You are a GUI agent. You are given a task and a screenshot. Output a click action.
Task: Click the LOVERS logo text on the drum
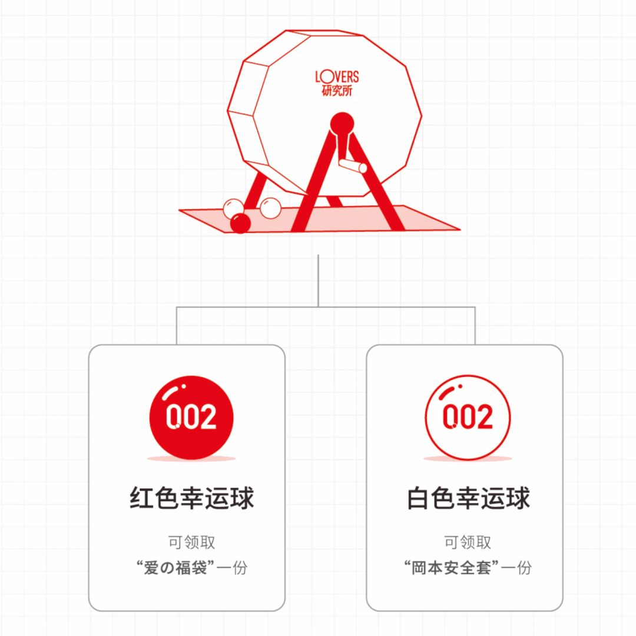tap(337, 77)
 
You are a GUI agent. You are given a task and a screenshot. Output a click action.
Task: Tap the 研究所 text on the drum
tap(337, 91)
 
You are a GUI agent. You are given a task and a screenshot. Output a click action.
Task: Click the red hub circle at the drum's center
tap(342, 124)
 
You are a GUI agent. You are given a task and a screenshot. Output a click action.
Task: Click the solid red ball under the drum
tap(240, 223)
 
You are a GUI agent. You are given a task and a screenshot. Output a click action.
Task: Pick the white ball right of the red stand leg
tap(270, 208)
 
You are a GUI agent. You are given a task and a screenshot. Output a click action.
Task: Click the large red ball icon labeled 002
tap(191, 418)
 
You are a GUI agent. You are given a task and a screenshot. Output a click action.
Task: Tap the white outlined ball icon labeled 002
tap(468, 418)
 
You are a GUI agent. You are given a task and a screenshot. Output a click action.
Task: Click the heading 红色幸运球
tap(191, 498)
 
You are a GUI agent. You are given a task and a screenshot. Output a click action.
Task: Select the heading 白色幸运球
tap(468, 498)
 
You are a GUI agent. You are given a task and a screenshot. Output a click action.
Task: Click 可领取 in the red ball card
tap(191, 542)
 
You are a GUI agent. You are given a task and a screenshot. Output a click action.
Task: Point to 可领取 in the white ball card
tap(468, 542)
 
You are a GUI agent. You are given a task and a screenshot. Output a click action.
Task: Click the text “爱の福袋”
tap(175, 568)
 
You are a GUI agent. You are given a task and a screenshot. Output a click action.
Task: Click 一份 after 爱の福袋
tap(231, 568)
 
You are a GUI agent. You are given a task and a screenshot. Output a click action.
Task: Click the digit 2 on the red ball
tap(206, 418)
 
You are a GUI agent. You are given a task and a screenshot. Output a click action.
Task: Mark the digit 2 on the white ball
tap(482, 418)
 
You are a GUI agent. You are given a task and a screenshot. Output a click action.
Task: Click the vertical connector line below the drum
tap(318, 280)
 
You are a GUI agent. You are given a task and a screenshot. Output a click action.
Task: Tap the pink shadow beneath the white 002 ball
tap(468, 458)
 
